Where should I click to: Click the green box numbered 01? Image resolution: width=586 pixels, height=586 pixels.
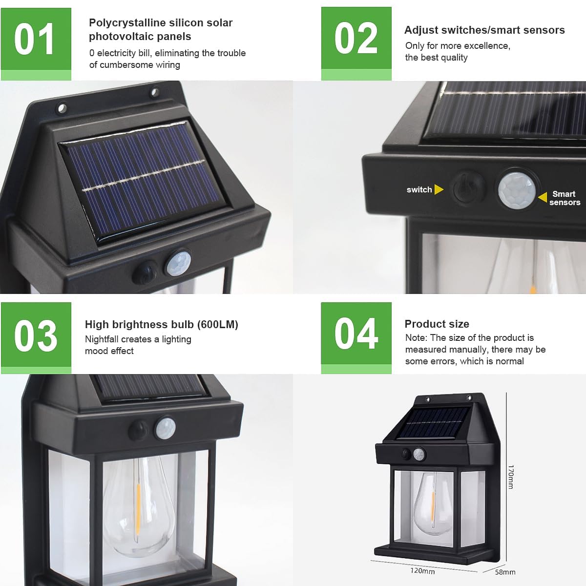point(36,44)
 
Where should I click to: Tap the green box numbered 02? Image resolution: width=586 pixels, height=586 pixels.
point(356,44)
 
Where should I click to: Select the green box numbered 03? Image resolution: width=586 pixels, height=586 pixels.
point(36,338)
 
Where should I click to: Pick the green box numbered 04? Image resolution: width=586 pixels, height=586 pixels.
point(356,338)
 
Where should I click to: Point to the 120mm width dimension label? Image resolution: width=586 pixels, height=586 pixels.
point(422,570)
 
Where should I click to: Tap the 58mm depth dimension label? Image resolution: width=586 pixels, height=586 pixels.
point(505,572)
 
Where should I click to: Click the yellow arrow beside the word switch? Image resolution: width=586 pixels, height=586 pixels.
point(439,189)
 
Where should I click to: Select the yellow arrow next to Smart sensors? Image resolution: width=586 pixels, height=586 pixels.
point(543,197)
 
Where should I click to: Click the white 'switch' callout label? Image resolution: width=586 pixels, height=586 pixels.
point(419,189)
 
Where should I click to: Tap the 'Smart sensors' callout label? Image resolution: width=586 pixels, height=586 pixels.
point(565,198)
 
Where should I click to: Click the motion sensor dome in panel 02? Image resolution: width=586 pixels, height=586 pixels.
point(517,190)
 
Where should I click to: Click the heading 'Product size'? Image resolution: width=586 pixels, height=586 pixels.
point(437,324)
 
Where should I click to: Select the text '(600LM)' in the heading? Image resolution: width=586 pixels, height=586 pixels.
point(217,324)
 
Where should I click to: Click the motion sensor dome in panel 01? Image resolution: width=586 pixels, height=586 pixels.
point(179,263)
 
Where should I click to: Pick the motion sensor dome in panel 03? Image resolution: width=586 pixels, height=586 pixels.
point(166,428)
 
